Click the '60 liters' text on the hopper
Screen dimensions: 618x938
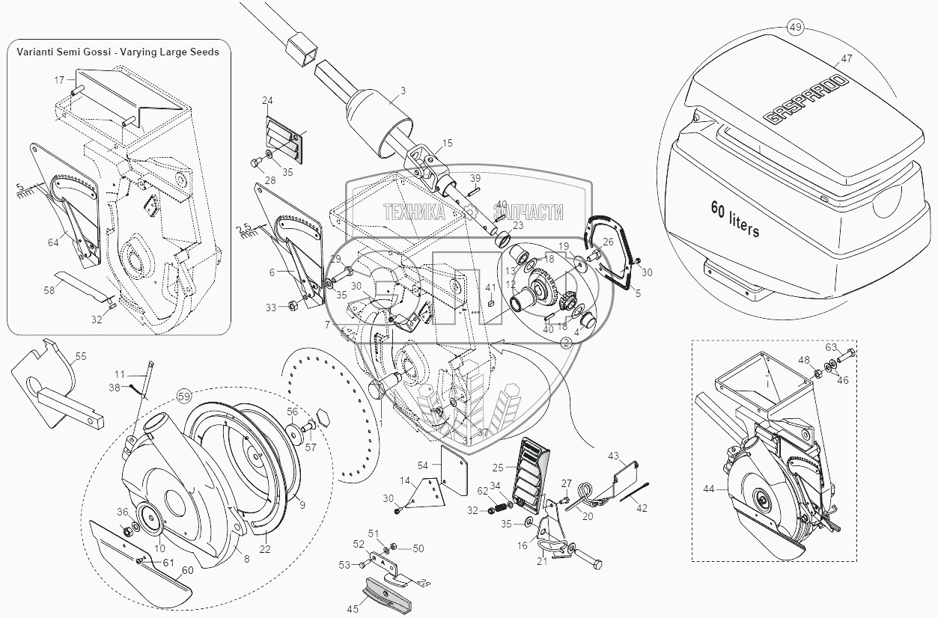click(734, 219)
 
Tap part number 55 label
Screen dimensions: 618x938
click(81, 357)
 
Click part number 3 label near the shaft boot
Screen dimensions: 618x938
click(403, 91)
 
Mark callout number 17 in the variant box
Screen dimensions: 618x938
click(59, 79)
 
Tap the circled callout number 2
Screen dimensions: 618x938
click(566, 341)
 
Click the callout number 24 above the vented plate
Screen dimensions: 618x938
click(267, 100)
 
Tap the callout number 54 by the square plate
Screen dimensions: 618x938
click(422, 466)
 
